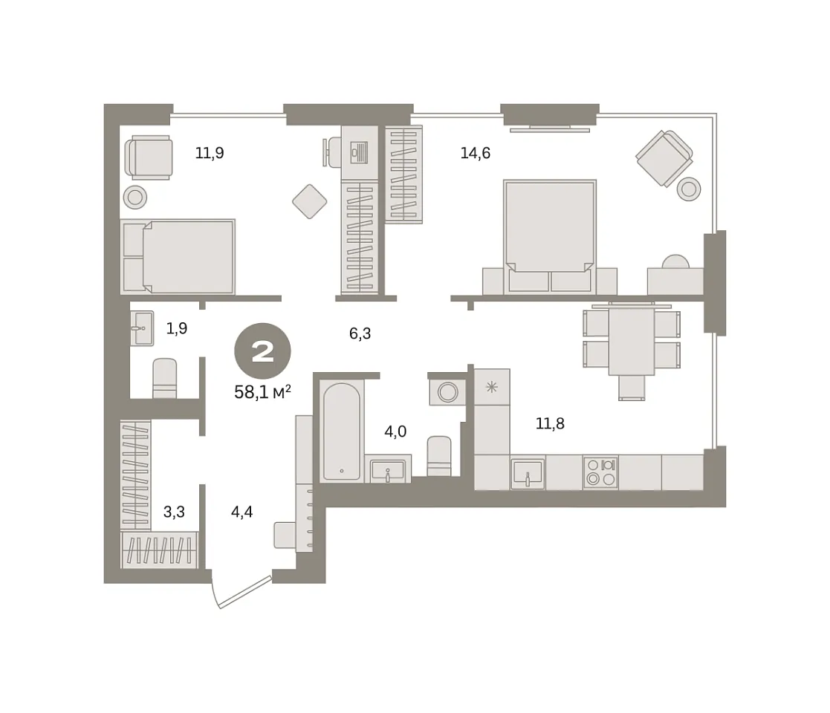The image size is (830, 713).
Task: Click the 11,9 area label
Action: (x=210, y=154)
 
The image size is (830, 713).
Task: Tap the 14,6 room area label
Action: (x=476, y=154)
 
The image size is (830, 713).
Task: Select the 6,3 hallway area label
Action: (x=360, y=333)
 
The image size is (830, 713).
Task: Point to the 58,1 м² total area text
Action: (x=262, y=392)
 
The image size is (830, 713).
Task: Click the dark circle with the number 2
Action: (x=262, y=351)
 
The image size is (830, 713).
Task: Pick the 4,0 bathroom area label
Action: (x=395, y=432)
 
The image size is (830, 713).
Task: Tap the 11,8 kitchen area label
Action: (x=550, y=423)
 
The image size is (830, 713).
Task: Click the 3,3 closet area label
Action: (x=174, y=512)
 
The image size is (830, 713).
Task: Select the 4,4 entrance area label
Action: (x=242, y=512)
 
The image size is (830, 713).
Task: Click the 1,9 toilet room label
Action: (x=177, y=329)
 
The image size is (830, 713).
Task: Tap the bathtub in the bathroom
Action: (x=341, y=432)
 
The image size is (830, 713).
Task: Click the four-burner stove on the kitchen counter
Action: (x=600, y=472)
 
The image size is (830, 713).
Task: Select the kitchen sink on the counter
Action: (x=528, y=473)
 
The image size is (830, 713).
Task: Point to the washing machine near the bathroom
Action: (x=448, y=392)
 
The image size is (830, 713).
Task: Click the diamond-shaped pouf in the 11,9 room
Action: (x=310, y=201)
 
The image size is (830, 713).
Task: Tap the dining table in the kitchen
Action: (x=632, y=341)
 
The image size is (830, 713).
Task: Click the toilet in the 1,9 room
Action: (x=165, y=378)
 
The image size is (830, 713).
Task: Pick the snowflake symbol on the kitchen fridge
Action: (x=492, y=387)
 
